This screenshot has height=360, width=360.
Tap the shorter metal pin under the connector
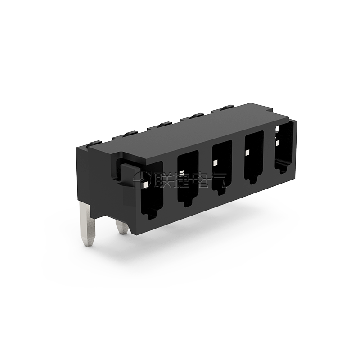tap(122, 228)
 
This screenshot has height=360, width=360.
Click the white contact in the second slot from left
tap(182, 173)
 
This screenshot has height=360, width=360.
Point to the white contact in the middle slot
tap(215, 163)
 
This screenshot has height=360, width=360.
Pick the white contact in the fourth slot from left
tap(247, 153)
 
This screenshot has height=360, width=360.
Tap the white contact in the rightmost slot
tap(278, 143)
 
